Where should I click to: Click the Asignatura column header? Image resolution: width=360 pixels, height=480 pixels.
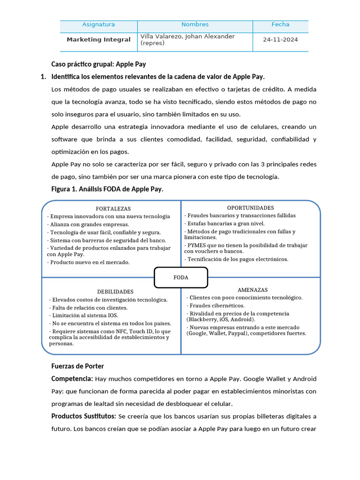[x=98, y=24]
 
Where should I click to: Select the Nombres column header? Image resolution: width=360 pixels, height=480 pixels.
[x=195, y=24]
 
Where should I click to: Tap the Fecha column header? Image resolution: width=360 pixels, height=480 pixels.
[x=280, y=24]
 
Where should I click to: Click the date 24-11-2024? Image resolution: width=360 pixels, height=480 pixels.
[x=280, y=40]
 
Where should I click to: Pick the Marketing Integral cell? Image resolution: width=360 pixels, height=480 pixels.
[x=98, y=40]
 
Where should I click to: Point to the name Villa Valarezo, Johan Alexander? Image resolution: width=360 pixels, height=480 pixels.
[x=187, y=37]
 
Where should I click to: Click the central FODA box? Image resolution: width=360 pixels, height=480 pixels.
[x=180, y=277]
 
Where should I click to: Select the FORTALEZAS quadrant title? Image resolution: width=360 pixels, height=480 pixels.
[x=113, y=209]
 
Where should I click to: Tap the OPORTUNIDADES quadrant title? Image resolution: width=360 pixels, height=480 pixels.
[x=250, y=208]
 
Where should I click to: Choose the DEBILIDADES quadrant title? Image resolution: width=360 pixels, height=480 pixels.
[x=115, y=292]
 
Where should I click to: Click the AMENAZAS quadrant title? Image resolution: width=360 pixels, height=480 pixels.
[x=253, y=290]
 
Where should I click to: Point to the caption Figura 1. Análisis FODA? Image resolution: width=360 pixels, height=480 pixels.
[x=107, y=189]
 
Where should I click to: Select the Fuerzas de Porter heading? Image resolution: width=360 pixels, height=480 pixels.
[x=77, y=366]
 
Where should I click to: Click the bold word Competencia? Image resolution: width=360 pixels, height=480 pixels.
[x=72, y=379]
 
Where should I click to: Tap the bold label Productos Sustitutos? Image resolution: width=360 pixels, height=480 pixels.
[x=84, y=416]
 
